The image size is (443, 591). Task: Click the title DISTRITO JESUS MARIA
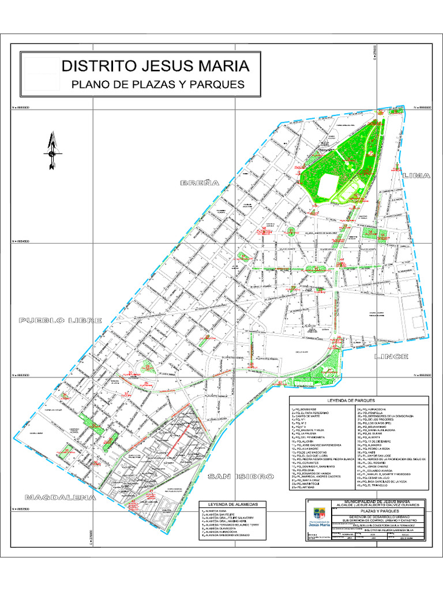155,65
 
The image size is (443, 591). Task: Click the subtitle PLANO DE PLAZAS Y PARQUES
157,84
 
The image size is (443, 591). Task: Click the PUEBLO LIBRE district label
60,320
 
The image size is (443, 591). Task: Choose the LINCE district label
391,356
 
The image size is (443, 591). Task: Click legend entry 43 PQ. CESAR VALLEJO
378,478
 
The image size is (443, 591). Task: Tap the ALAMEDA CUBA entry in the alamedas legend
212,495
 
